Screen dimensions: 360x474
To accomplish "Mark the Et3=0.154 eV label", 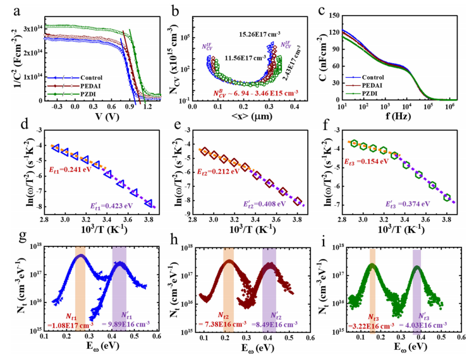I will pos(375,162).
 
